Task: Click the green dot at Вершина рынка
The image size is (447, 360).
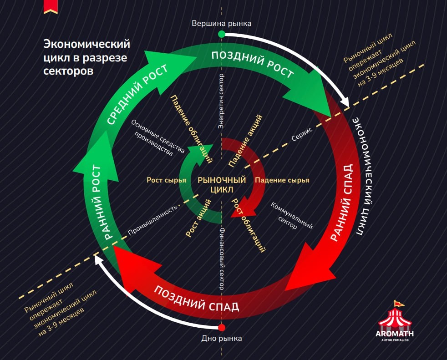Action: (221, 34)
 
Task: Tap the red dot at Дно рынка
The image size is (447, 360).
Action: (222, 328)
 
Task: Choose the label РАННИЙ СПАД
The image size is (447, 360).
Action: (341, 202)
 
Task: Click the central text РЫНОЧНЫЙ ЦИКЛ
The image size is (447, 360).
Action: (222, 184)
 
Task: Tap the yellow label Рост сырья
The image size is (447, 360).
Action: (166, 180)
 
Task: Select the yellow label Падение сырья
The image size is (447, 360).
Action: (282, 180)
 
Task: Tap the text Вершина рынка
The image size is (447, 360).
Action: (221, 23)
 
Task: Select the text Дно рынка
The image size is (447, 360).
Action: (222, 338)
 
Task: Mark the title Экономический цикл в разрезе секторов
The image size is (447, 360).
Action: (86, 58)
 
